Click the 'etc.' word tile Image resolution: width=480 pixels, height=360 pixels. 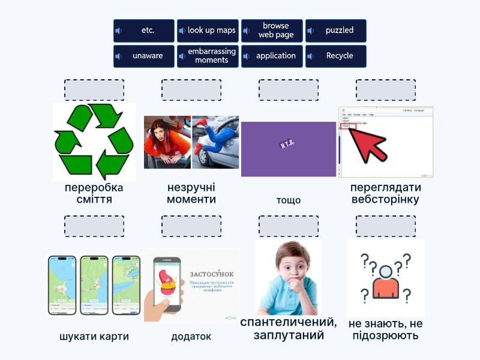coord(144,31)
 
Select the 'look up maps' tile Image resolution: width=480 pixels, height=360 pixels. coord(208,31)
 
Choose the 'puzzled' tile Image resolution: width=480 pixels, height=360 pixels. coord(336,31)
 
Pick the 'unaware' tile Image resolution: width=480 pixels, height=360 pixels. coord(144,56)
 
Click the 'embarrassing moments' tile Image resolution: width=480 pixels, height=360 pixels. coord(208,56)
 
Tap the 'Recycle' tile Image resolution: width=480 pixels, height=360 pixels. coord(336,56)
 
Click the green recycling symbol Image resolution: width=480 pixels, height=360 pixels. coord(94,142)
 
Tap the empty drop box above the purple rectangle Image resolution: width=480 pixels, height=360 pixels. coord(289,90)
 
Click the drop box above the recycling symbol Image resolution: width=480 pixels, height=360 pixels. coord(94,90)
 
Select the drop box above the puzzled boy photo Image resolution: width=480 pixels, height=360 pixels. coord(289,226)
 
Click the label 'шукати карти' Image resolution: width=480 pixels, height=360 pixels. coord(94,337)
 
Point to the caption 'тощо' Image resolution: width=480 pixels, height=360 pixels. coord(289,200)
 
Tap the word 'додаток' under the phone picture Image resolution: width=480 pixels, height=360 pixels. coord(191,337)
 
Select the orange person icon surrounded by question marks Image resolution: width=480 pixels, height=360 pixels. coord(385,281)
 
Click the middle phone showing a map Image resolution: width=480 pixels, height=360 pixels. coord(94,284)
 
